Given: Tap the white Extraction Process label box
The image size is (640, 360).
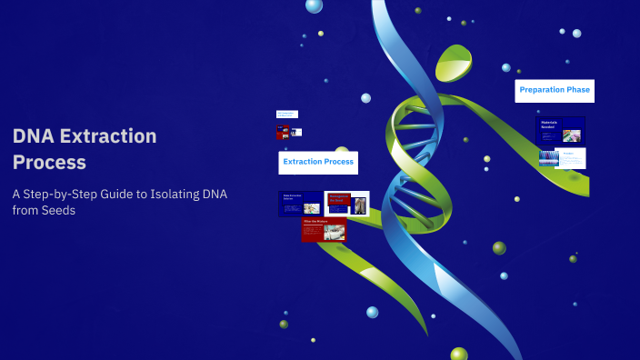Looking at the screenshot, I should pos(318,162).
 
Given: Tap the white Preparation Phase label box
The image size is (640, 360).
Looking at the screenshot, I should pos(555,89).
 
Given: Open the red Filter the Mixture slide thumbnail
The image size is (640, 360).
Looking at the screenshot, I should pos(324,229).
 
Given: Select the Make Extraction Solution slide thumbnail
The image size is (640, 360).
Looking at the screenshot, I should pos(299,204).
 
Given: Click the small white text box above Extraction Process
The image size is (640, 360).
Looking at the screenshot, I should pos(286,114).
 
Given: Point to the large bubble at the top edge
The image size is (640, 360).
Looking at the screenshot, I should pos(314,5).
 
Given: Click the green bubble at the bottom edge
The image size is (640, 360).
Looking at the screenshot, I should pos(459,354).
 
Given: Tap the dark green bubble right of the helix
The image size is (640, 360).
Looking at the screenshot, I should pos(499,247).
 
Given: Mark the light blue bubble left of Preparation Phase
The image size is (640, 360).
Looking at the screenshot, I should pos(506,67).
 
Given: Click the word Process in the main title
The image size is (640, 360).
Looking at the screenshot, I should pos(50,163).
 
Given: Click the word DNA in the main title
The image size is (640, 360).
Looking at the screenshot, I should pos(33,136).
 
